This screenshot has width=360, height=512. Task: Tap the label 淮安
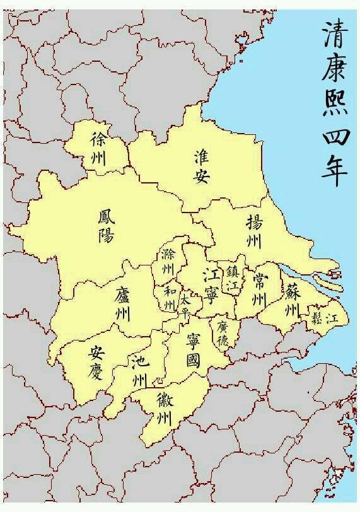coord(201,165)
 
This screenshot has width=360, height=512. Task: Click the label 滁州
coord(168,261)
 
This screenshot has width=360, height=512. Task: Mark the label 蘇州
coord(291,301)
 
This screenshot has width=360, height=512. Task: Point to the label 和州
coord(169,298)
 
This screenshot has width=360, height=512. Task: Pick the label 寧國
coord(193,351)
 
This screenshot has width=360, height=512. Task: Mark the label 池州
coord(139,371)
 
